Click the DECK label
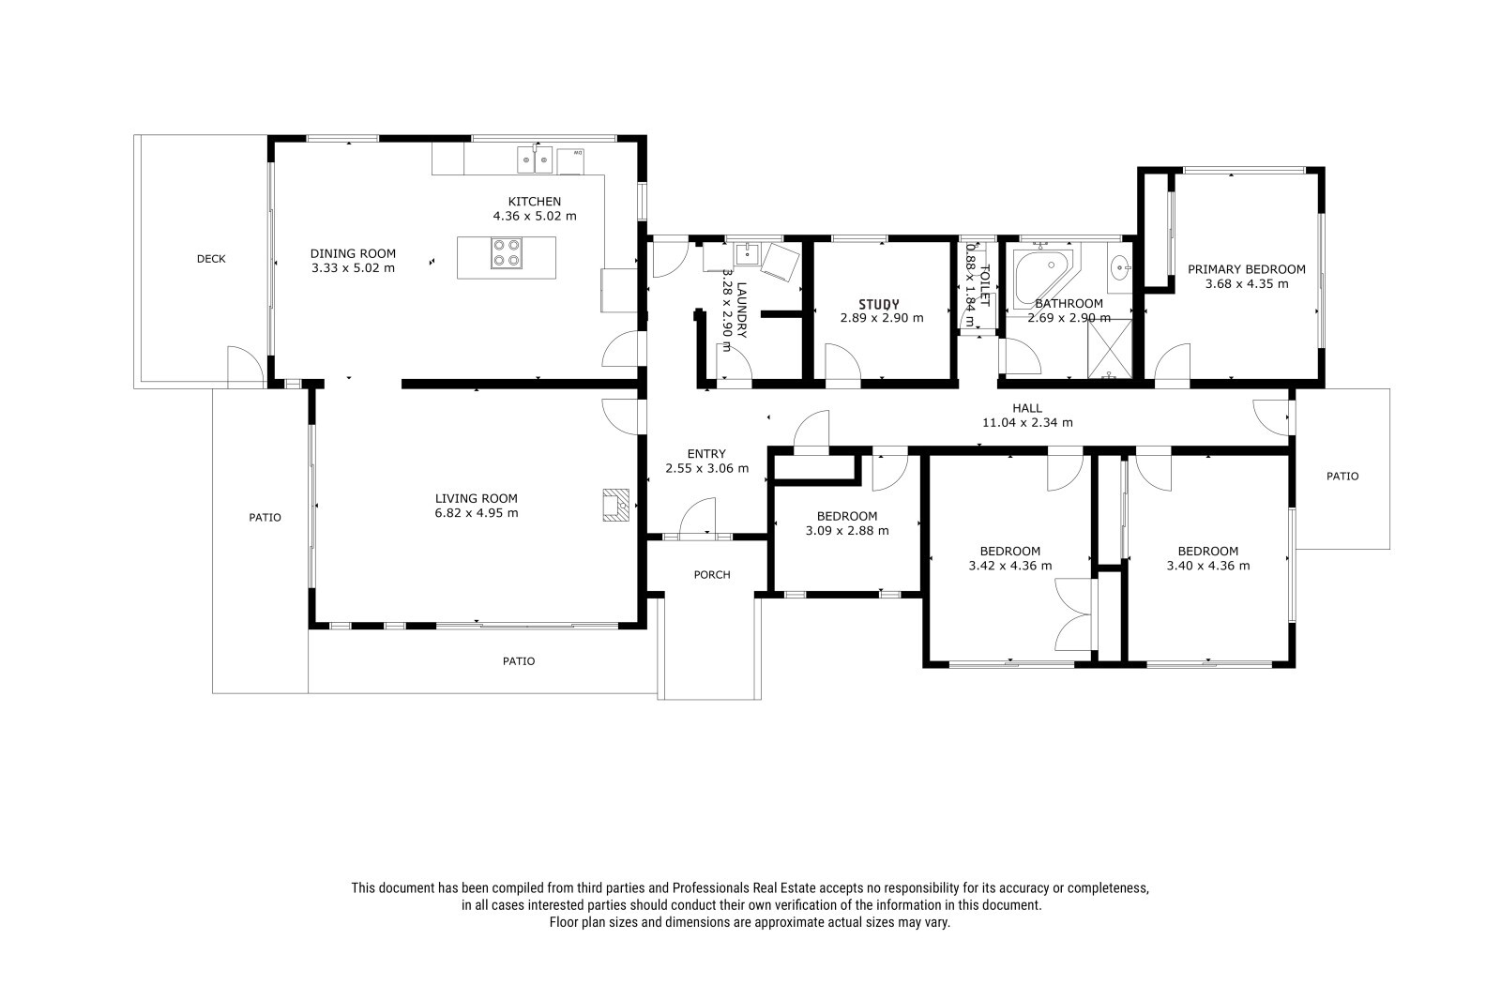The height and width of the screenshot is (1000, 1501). (211, 259)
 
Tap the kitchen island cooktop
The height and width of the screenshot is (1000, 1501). (506, 253)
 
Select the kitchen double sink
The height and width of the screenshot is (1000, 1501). (535, 160)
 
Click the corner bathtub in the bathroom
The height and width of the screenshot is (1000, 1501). (1043, 279)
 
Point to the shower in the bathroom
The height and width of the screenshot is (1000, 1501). (1109, 349)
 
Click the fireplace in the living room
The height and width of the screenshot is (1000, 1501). (615, 505)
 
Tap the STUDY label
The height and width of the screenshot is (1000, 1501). (879, 304)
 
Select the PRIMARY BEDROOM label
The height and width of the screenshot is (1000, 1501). (1247, 269)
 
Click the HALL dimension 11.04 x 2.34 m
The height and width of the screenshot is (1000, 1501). (1027, 423)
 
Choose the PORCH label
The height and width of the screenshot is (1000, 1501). (712, 575)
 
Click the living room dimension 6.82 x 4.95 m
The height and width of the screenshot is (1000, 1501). (477, 513)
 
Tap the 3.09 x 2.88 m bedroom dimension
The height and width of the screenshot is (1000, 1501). (847, 531)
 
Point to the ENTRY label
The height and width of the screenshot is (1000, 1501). (706, 454)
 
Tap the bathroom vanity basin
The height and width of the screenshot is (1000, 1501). (1120, 269)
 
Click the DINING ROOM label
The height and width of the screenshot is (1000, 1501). (353, 253)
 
